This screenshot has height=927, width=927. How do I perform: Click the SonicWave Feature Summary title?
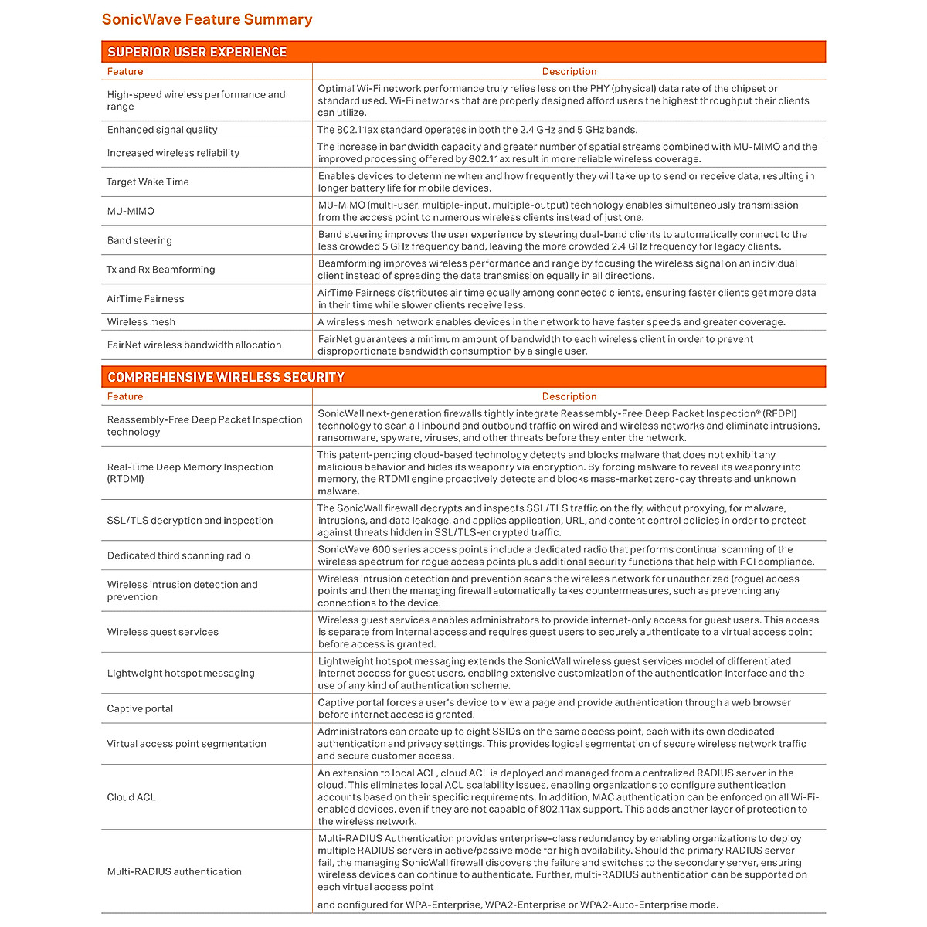[x=207, y=20]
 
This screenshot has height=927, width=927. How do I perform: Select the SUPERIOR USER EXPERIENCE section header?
[x=197, y=52]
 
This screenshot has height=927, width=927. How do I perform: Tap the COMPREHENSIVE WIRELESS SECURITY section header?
[x=226, y=377]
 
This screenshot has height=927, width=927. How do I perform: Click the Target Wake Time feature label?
[x=148, y=182]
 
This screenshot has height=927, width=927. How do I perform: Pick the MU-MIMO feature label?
[x=131, y=211]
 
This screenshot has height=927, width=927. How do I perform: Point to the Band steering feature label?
[x=140, y=240]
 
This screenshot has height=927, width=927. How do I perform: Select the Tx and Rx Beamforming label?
[x=161, y=270]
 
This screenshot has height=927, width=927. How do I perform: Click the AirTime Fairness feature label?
[x=145, y=299]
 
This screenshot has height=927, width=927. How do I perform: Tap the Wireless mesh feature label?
[x=141, y=322]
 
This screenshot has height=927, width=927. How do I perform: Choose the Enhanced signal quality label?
[x=162, y=130]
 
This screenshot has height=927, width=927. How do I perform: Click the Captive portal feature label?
[x=140, y=708]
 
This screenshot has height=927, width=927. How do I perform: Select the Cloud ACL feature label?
[x=131, y=797]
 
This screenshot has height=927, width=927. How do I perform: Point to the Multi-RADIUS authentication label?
[x=175, y=871]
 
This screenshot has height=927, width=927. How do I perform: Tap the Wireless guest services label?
[x=163, y=632]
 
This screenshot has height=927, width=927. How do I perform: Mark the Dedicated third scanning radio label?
[x=178, y=555]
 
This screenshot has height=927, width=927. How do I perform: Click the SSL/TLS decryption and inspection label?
[x=190, y=521]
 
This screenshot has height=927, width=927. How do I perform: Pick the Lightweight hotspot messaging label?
[x=181, y=674]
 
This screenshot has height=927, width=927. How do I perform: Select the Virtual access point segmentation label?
[x=186, y=744]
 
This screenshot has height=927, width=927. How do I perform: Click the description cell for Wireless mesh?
[x=552, y=322]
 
